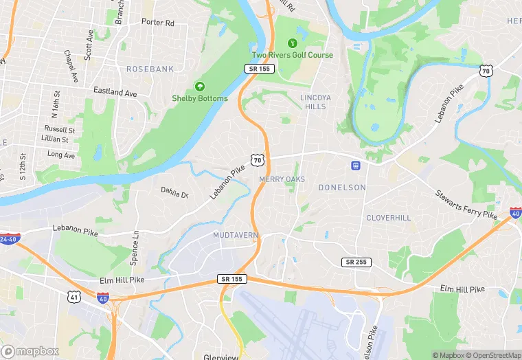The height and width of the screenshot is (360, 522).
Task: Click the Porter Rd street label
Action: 158,23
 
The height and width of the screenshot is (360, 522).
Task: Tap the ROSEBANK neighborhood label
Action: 150,69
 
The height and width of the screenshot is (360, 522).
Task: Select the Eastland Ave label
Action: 115,91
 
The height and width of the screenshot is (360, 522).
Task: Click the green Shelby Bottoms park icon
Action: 199,87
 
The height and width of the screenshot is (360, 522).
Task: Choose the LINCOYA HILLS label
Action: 315,102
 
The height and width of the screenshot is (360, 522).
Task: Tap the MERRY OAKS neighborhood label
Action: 282,179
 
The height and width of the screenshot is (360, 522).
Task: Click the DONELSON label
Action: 342,187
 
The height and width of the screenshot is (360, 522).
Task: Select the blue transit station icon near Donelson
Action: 356,165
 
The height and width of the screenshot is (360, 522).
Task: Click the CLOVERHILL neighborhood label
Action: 388,217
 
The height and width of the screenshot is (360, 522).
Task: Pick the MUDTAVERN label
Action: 235,235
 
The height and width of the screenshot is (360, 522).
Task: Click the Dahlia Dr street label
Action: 174,194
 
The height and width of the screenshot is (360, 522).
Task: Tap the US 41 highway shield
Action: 73,296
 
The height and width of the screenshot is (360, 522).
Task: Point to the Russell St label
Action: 60,129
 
